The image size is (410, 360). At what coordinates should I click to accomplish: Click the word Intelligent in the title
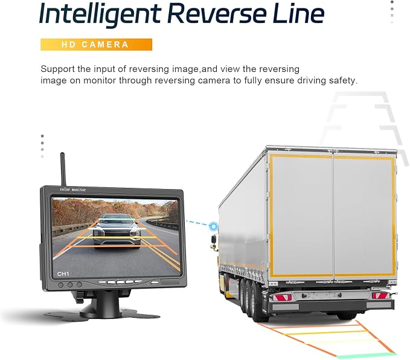[x=100, y=14]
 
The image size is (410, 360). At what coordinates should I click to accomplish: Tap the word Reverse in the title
[x=218, y=13]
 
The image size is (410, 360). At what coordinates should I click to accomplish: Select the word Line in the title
[x=299, y=13]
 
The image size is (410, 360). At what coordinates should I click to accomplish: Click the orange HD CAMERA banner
[x=96, y=45]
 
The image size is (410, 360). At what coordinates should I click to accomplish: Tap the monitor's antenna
[x=63, y=169]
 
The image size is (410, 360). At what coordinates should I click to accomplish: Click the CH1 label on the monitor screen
[x=63, y=274]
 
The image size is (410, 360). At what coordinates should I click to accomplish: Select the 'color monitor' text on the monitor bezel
[x=72, y=190]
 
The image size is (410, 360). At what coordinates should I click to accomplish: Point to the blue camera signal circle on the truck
[x=214, y=226]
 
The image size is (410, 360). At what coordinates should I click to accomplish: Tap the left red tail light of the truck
[x=282, y=297]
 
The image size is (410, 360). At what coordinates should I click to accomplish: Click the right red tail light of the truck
[x=380, y=295]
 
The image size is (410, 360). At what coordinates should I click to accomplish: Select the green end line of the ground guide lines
[x=366, y=356]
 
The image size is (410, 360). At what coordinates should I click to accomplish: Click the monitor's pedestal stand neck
[x=107, y=301]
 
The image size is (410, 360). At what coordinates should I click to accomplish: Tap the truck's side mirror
[x=214, y=239]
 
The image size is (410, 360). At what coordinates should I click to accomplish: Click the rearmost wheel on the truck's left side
[x=257, y=303]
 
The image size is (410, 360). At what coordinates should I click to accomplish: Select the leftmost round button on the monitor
[x=60, y=284]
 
